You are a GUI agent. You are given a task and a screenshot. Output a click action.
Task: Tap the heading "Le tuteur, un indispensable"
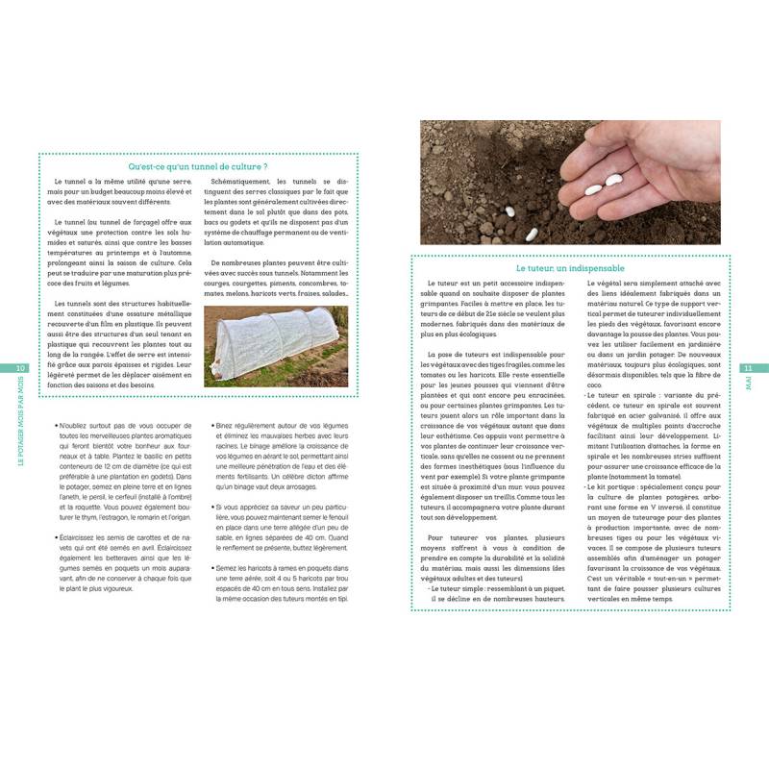pos(570,268)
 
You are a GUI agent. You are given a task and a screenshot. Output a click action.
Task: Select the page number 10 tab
pos(21,368)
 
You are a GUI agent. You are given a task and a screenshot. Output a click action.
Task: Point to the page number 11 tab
pos(748,368)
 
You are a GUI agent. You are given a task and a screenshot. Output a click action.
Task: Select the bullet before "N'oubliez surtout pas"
pos(56,424)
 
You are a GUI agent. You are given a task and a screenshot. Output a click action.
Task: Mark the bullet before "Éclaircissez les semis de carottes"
pos(56,536)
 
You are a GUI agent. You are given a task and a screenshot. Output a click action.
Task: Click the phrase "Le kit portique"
pos(614,487)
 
